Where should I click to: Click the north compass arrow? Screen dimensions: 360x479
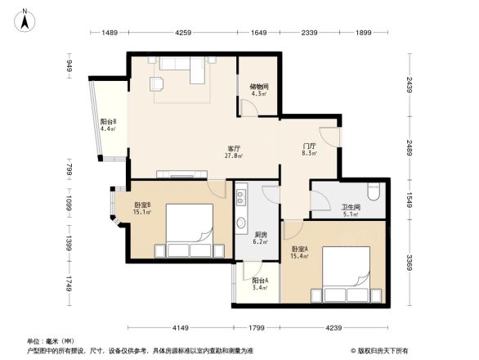(25, 19)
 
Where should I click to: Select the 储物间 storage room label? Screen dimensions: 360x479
(259, 86)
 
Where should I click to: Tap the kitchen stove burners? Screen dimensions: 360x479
(242, 198)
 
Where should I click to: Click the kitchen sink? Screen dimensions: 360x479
(242, 223)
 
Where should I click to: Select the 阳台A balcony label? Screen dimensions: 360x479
(261, 281)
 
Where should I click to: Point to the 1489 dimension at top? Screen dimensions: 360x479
(111, 33)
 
